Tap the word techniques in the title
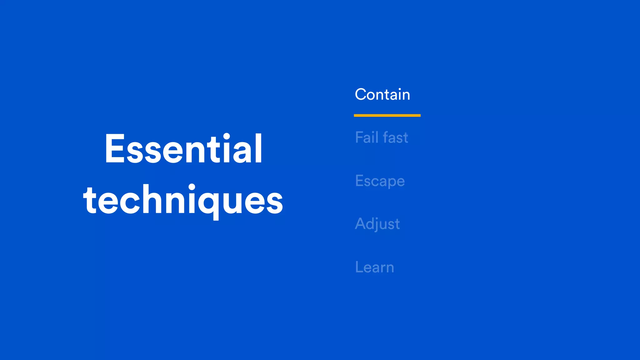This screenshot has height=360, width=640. point(183,200)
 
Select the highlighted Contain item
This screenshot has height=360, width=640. point(382,94)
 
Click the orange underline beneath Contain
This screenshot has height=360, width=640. point(387,115)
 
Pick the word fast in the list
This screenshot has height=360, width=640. point(395,137)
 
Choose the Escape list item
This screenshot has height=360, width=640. point(380,181)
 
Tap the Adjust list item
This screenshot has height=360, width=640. point(377,224)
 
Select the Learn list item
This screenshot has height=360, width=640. point(374,267)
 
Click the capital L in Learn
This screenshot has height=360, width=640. point(359,267)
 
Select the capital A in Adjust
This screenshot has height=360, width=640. point(361,224)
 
